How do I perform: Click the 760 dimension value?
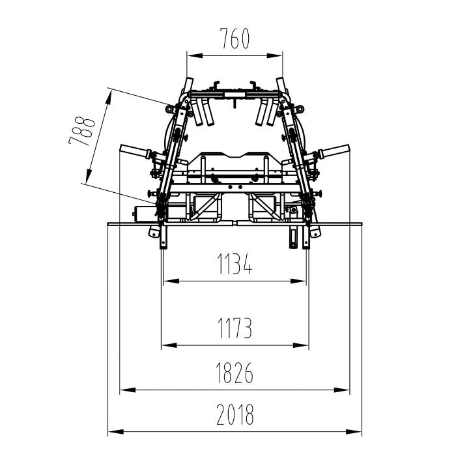(235, 38)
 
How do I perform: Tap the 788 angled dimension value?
(82, 131)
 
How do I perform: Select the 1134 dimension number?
(235, 264)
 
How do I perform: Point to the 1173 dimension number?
(235, 328)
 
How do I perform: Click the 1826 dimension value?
(235, 373)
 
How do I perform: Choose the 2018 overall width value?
(235, 414)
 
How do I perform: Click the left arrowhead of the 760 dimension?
(195, 55)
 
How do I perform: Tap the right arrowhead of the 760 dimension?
(275, 55)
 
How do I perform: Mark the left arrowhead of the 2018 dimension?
(116, 431)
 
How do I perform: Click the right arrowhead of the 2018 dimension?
(354, 431)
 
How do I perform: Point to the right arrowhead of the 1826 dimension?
(342, 390)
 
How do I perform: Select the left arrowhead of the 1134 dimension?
(171, 281)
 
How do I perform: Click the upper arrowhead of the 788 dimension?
(109, 98)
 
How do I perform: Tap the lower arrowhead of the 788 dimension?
(88, 176)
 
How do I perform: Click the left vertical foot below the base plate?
(164, 236)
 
